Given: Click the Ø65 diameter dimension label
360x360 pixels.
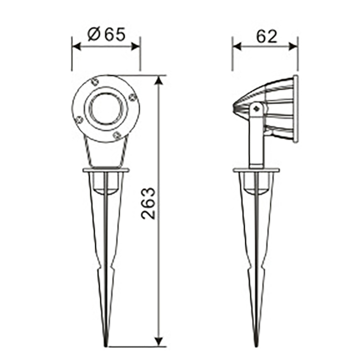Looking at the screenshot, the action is click(x=107, y=35).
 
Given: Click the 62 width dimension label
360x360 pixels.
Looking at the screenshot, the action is click(x=266, y=36).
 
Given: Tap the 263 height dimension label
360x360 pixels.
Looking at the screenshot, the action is click(x=148, y=203).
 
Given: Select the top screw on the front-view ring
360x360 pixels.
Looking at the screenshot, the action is click(x=94, y=82).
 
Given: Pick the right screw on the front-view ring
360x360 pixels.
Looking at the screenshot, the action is click(x=132, y=98).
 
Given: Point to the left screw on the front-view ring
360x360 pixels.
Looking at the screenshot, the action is click(x=79, y=120).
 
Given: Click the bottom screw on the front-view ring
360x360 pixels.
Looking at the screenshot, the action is click(x=117, y=135).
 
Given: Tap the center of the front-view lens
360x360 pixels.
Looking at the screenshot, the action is click(x=106, y=108).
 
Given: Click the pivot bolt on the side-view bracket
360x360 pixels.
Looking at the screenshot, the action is click(x=257, y=109).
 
